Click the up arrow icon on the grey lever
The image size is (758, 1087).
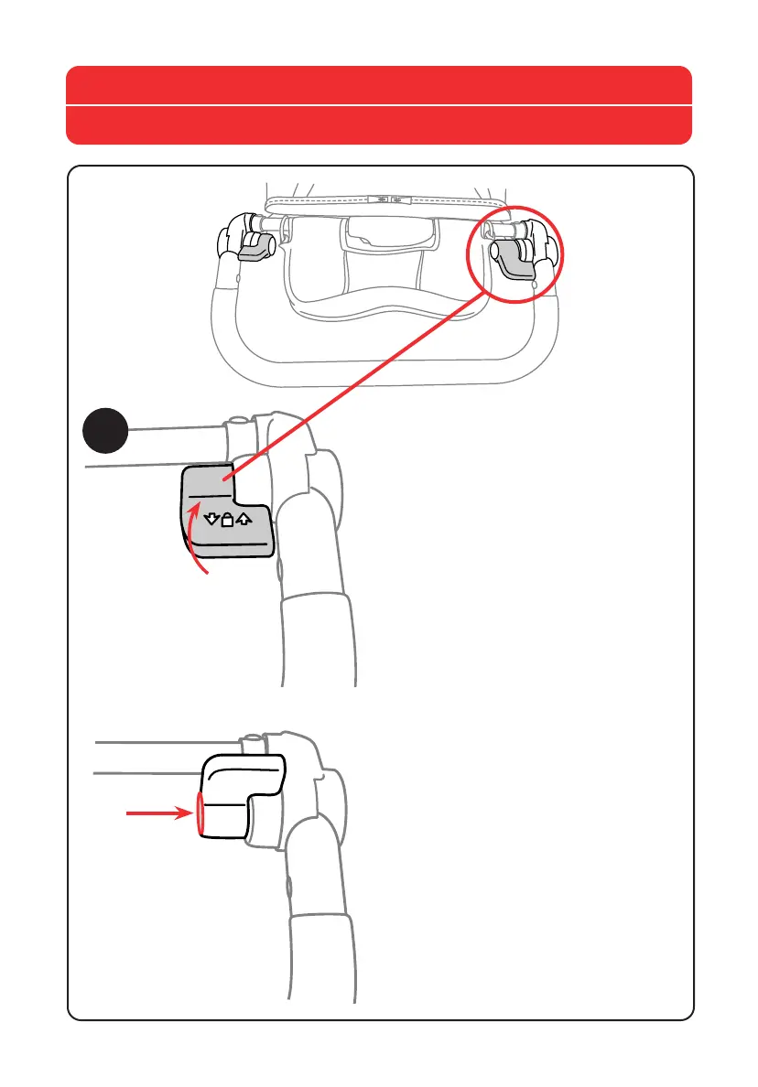point(242,522)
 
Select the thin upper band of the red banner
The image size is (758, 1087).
point(378,85)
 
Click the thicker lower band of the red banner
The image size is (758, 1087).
point(378,125)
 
